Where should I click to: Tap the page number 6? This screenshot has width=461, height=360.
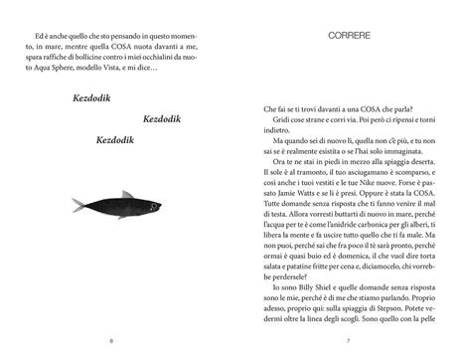tap(112, 341)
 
